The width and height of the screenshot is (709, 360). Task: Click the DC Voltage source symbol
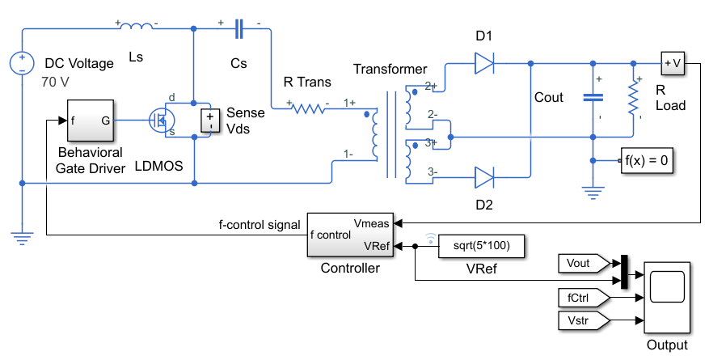[22, 63]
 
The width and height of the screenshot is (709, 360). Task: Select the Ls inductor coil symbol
[137, 27]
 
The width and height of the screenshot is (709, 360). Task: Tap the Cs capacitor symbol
[239, 29]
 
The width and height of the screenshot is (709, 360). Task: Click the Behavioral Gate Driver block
[91, 121]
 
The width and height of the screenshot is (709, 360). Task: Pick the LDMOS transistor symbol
[162, 120]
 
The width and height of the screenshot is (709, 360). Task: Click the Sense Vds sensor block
[210, 121]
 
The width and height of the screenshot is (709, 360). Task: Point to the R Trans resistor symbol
[308, 108]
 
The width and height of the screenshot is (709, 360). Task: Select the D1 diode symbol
[483, 63]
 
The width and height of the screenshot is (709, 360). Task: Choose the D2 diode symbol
[483, 177]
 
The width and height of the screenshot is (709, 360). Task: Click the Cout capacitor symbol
[593, 97]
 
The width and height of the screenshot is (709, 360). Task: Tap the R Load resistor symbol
[633, 100]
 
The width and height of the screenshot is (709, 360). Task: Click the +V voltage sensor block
[673, 63]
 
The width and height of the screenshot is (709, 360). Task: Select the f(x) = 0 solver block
[647, 160]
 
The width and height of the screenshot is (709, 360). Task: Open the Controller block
[350, 235]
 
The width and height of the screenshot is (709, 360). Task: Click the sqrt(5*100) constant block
[481, 246]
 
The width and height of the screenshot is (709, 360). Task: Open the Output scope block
[667, 297]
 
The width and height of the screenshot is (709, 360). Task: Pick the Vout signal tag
[584, 264]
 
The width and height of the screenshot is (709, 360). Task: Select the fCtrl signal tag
[584, 298]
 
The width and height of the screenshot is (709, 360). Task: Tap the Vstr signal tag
[584, 320]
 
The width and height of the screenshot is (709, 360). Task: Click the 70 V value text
[55, 83]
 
